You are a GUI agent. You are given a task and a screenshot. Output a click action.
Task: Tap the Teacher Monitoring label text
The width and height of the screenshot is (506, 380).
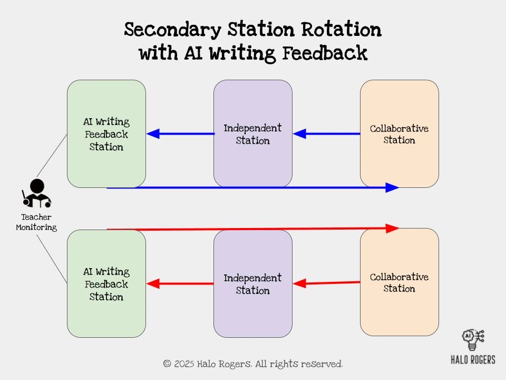(36, 222)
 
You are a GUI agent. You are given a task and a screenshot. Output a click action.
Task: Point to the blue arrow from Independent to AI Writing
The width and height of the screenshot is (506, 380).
(179, 134)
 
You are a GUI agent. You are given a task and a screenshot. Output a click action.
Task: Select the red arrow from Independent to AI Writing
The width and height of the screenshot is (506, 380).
(179, 284)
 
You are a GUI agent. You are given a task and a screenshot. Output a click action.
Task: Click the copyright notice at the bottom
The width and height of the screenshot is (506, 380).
(253, 364)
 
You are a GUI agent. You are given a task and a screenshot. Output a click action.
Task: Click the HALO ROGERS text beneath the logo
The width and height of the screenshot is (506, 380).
(473, 360)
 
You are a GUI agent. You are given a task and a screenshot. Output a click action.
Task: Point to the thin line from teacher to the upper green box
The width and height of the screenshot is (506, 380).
(52, 156)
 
